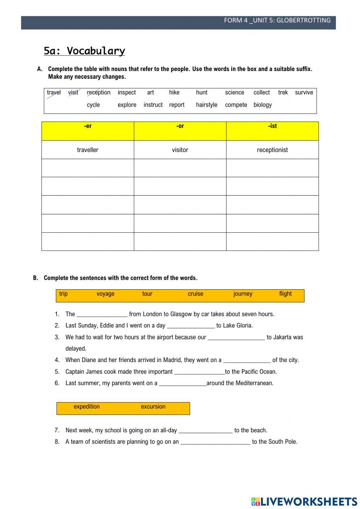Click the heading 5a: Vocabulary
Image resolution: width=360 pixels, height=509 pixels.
tap(84, 51)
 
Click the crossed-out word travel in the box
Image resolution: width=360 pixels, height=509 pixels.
tap(54, 93)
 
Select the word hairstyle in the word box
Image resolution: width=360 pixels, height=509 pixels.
tap(207, 105)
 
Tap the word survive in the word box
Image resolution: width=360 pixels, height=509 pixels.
tap(304, 93)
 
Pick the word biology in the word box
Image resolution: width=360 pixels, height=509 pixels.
tap(262, 105)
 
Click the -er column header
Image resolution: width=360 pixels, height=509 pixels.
tap(87, 126)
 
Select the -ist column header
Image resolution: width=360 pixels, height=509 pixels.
tap(272, 126)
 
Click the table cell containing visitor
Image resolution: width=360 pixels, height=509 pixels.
tap(180, 150)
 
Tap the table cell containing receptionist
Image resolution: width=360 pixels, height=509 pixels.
tap(272, 150)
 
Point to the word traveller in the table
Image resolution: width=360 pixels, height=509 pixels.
tap(87, 150)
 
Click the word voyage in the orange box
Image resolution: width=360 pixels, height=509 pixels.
tap(105, 294)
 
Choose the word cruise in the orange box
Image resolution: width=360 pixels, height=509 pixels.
tap(195, 294)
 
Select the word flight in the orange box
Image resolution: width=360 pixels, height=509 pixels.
tap(285, 294)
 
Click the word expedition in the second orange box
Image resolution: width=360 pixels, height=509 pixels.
tap(86, 407)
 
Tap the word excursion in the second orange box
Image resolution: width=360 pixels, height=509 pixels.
tap(153, 407)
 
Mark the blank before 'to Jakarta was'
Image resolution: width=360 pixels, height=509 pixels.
tap(236, 338)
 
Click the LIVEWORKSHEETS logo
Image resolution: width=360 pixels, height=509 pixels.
tap(304, 501)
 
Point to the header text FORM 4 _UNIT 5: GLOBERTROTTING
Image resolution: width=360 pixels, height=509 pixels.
tap(277, 21)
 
